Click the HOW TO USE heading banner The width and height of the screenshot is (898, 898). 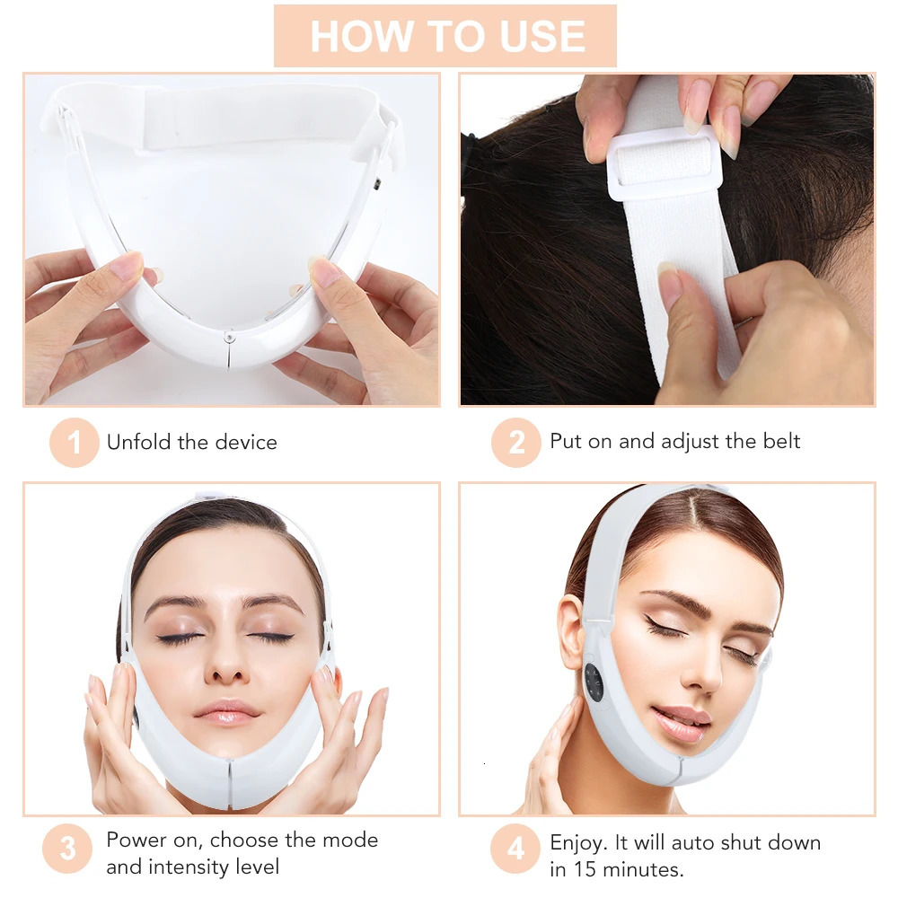click(x=445, y=36)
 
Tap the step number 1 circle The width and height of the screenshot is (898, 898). click(x=74, y=442)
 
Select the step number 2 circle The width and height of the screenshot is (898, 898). click(x=515, y=442)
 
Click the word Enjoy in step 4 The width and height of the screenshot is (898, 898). click(x=577, y=843)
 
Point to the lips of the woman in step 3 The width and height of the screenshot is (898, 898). click(x=226, y=711)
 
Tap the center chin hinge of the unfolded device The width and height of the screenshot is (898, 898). click(x=229, y=336)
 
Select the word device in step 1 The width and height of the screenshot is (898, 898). click(x=247, y=442)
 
